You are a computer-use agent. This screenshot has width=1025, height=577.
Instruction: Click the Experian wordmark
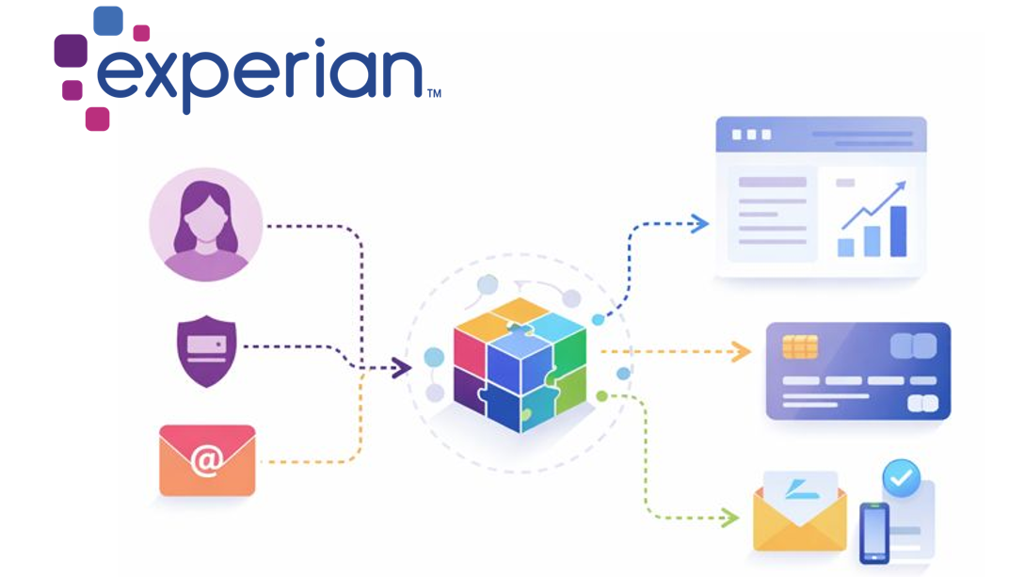[x=259, y=73]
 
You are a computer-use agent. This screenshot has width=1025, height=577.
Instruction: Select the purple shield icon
[x=206, y=351]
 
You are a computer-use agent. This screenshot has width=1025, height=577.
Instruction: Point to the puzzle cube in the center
[x=519, y=364]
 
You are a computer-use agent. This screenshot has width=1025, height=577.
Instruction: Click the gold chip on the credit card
[x=799, y=346]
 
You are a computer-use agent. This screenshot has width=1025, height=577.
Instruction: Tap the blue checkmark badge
[x=901, y=478]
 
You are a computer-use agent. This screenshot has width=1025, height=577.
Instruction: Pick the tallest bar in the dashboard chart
[x=898, y=231]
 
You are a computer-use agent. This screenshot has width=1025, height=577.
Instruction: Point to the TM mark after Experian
[x=434, y=93]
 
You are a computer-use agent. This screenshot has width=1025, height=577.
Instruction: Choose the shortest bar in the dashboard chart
[x=846, y=246]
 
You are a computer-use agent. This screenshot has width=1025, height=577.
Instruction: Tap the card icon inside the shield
[x=205, y=345]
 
